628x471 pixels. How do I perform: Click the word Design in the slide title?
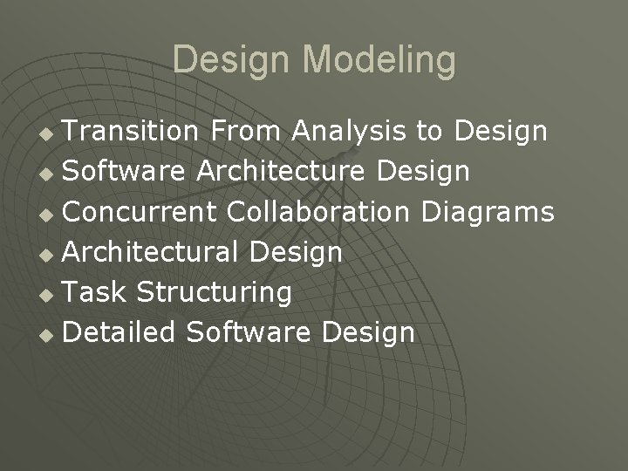[228, 61]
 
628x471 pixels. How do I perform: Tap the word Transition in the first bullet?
[132, 132]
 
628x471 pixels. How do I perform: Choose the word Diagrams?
[488, 212]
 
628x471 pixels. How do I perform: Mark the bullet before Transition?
[49, 133]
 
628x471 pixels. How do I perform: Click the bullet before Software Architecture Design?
[49, 174]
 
